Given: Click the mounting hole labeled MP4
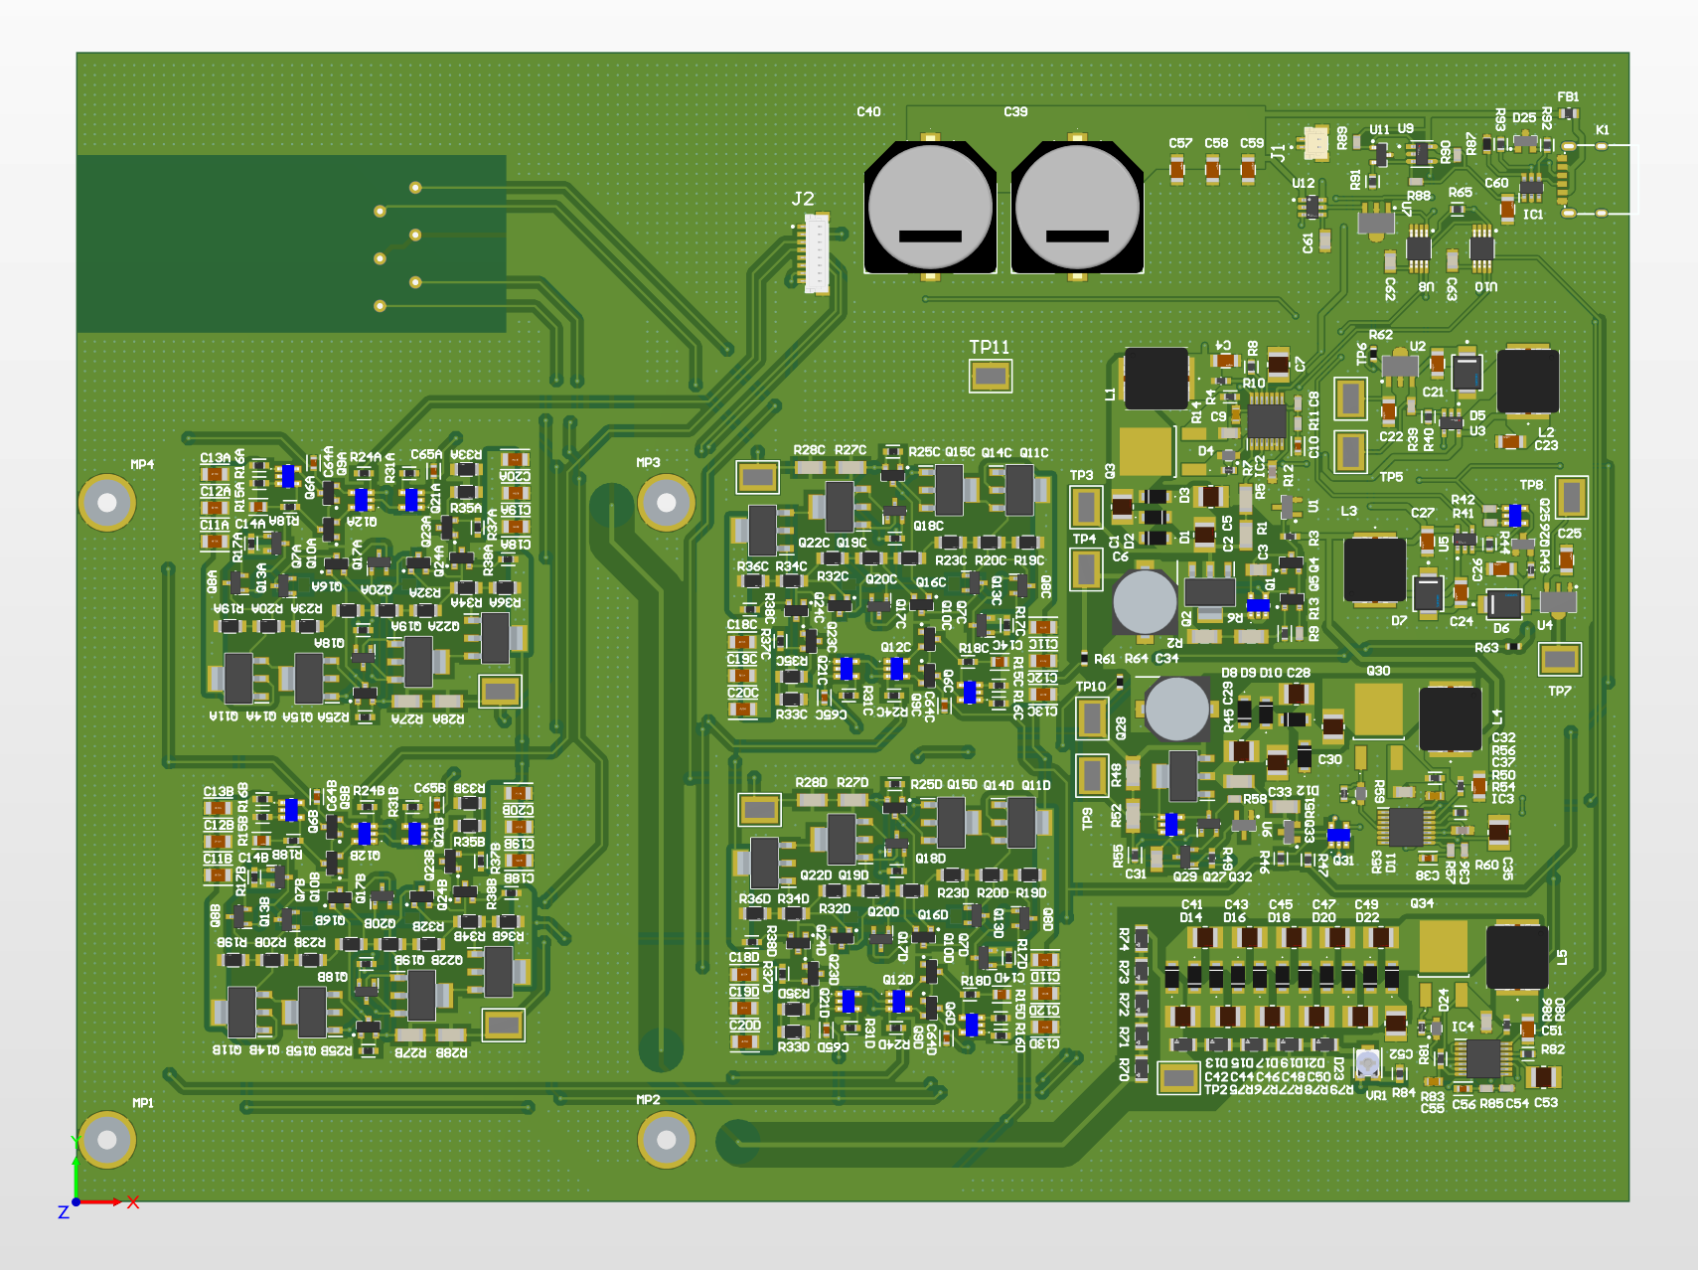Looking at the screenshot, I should pos(106,503).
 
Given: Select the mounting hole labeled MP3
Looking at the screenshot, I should pos(666,503).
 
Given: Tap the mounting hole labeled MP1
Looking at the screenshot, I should pos(106,1139).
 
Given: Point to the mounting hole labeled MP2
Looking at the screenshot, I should pos(666,1139).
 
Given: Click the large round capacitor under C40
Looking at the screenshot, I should pos(930,208).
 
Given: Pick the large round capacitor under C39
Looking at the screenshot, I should pos(1077,208).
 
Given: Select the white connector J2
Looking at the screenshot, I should pos(817,254).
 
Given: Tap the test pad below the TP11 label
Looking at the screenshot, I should pos(991,376).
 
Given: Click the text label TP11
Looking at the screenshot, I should pos(990,347).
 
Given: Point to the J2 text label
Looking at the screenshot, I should pos(803,199).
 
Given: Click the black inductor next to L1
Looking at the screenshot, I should pos(1156,378).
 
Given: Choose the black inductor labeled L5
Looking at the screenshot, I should pos(1516,956).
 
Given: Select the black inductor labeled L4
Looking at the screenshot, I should pos(1450,718).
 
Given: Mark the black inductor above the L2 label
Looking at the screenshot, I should pos(1527,381).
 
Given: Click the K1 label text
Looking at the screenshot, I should pos(1602,130).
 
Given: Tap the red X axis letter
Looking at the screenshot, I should pos(133,1202).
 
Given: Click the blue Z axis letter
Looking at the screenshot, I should pos(64,1212).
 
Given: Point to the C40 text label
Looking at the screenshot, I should pos(868,112).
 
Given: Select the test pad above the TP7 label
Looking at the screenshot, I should pos(1559,658).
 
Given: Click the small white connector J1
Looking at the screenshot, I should pos(1315,143).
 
